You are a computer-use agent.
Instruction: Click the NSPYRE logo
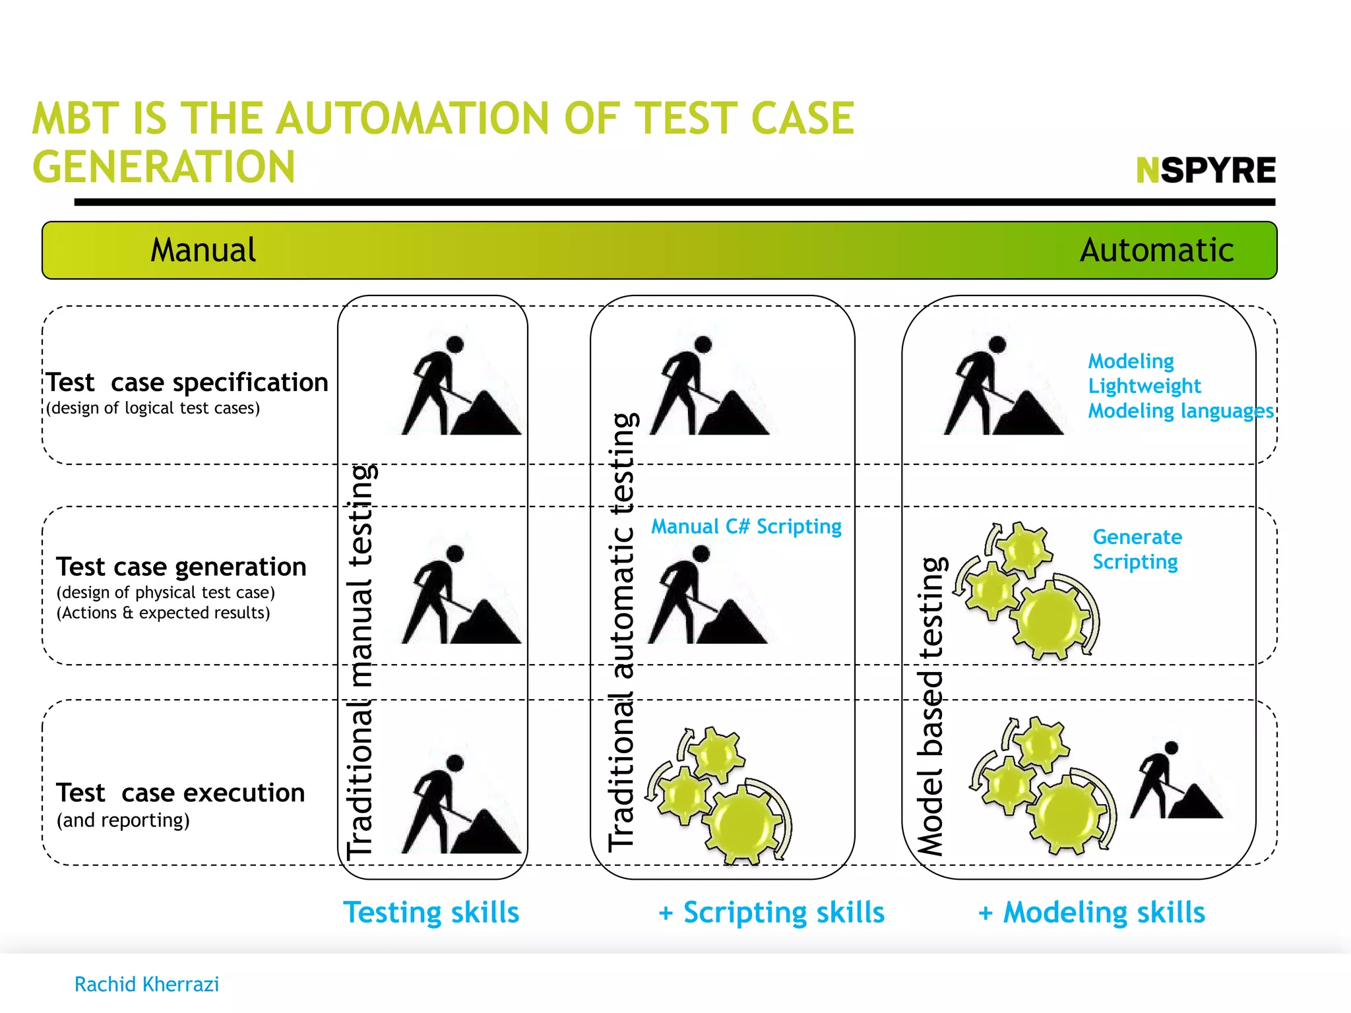click(1205, 170)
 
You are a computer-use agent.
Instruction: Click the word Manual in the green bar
click(203, 251)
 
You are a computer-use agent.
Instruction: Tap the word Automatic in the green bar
click(1156, 251)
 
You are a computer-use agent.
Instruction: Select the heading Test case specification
click(187, 383)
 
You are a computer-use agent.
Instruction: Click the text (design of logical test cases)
click(153, 408)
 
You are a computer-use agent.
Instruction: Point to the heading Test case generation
click(181, 567)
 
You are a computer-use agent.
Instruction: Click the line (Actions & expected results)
click(163, 613)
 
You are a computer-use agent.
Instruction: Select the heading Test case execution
click(180, 793)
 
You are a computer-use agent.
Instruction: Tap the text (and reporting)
click(123, 820)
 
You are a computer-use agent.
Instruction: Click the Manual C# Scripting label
click(746, 527)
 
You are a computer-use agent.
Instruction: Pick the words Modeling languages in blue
click(1180, 411)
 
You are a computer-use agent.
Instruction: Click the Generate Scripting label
click(1137, 549)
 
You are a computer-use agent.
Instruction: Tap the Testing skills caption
click(431, 913)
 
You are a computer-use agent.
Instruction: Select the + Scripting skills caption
click(771, 913)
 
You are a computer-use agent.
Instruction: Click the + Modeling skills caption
click(1091, 913)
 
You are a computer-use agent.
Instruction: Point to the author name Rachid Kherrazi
click(146, 985)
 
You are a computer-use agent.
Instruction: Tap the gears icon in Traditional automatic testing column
click(719, 795)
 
